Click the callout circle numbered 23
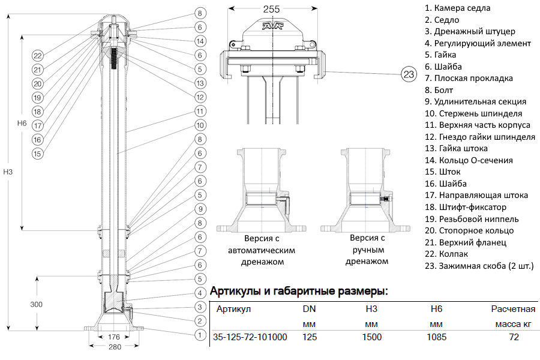pos(409,74)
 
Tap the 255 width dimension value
pos(272,9)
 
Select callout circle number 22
pos(37,56)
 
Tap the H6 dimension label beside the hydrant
pos(22,123)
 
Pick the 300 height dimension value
pos(37,304)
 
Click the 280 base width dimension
pos(114,347)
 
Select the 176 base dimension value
pos(114,337)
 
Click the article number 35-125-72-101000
pos(250,337)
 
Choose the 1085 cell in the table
pos(436,337)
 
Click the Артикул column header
pos(233,310)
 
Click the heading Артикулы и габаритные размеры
pos(299,292)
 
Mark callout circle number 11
pos(200,112)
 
